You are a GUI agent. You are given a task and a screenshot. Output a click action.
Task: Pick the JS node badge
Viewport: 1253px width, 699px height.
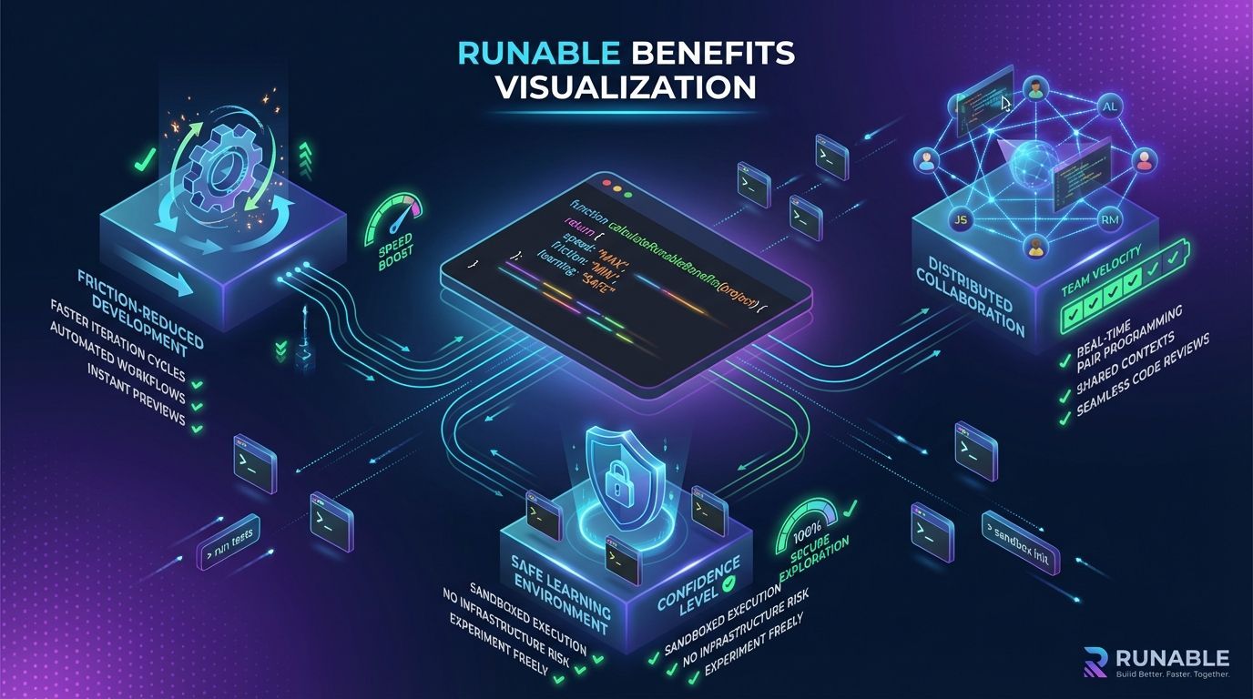pos(957,220)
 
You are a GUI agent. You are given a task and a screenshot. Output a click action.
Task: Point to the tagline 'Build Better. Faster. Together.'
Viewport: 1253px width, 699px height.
pos(1173,674)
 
